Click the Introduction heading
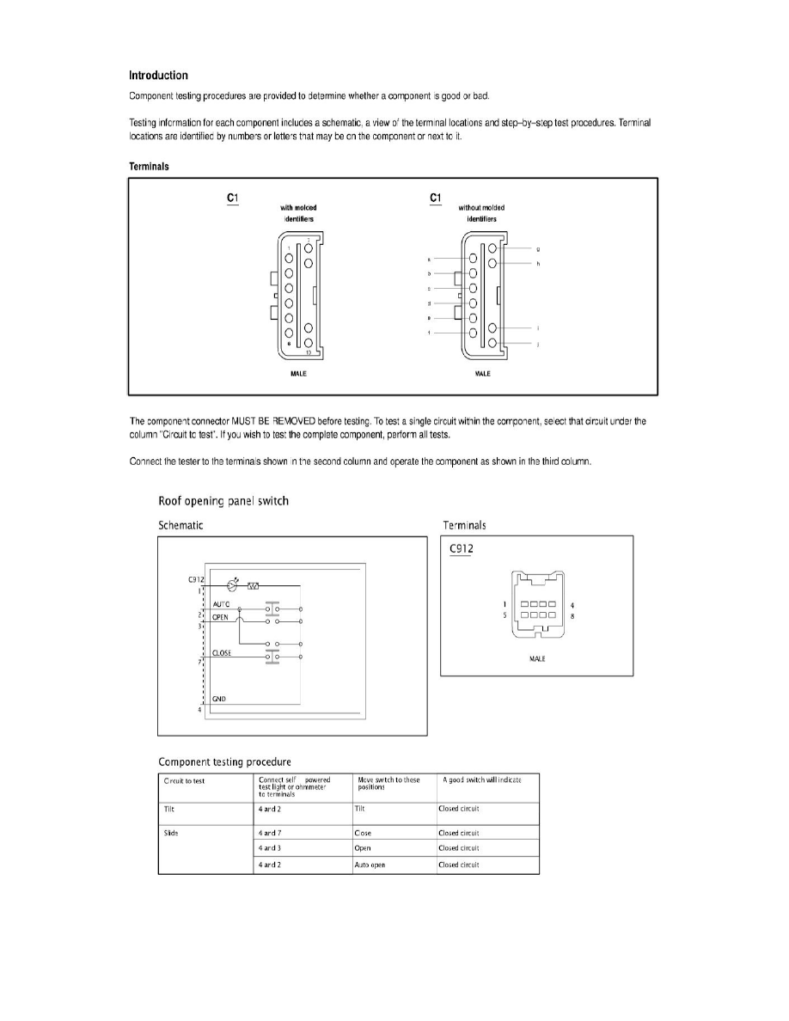(158, 76)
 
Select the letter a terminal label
(427, 258)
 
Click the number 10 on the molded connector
(307, 352)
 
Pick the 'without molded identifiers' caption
(482, 213)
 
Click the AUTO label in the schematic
(221, 604)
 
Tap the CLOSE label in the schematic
(222, 653)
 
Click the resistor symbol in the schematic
(254, 587)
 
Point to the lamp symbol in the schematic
(231, 586)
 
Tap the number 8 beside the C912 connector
(572, 616)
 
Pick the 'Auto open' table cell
(370, 865)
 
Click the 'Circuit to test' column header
(184, 780)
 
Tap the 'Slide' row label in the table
(170, 833)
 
